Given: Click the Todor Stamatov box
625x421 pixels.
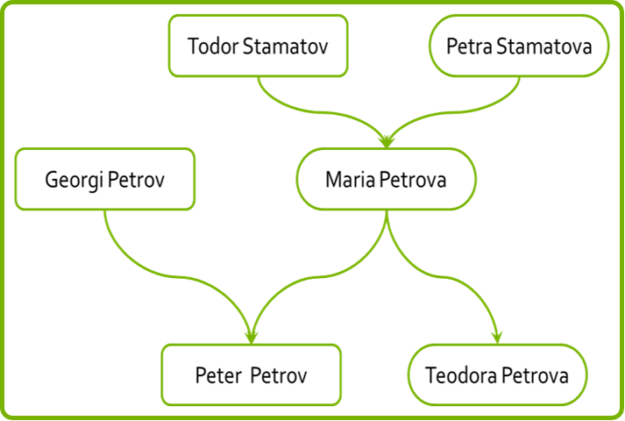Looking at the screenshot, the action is [259, 46].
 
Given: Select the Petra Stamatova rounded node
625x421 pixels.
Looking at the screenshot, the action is [518, 46].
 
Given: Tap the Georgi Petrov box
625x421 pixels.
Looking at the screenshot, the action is [105, 179].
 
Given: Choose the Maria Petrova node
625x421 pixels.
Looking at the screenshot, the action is [386, 179].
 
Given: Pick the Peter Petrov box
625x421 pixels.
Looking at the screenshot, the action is [251, 375].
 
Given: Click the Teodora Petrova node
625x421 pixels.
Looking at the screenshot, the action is [497, 375].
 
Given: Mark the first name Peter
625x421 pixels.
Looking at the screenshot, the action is [218, 375].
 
